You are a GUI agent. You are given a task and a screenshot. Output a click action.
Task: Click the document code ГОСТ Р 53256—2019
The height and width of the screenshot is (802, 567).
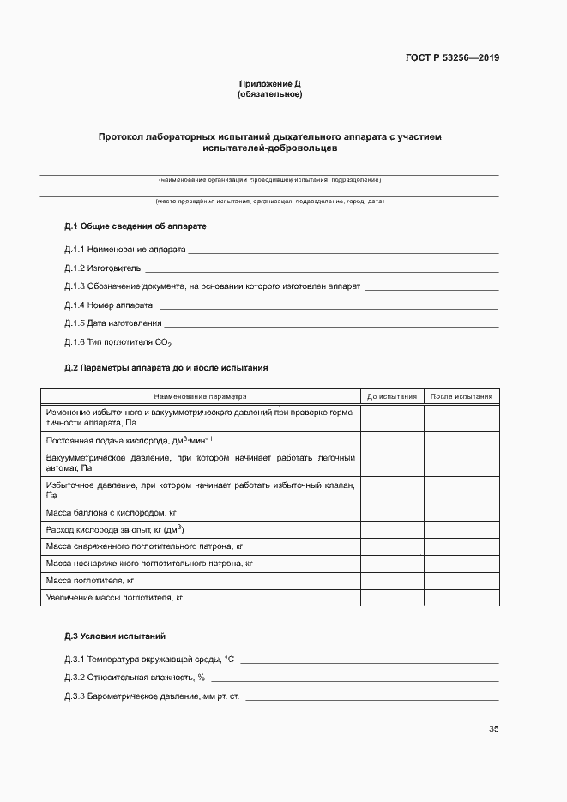pyautogui.click(x=452, y=58)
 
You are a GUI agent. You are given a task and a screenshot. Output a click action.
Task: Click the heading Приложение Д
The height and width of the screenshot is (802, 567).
pyautogui.click(x=269, y=84)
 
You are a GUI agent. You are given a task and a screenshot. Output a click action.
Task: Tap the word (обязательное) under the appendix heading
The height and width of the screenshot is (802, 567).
pyautogui.click(x=269, y=94)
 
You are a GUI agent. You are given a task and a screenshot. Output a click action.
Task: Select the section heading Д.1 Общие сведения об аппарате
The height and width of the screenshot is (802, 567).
pyautogui.click(x=136, y=226)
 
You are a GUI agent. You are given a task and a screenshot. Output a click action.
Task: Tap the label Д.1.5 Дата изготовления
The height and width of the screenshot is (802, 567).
pyautogui.click(x=113, y=323)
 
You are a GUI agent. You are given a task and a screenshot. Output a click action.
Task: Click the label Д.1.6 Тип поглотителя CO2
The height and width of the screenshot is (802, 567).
pyautogui.click(x=118, y=342)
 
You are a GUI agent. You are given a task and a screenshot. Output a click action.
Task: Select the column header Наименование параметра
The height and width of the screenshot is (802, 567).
pyautogui.click(x=200, y=397)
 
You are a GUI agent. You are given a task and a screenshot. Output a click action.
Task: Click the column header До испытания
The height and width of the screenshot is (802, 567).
pyautogui.click(x=392, y=397)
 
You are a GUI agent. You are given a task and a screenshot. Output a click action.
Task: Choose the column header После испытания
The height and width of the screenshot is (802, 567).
pyautogui.click(x=461, y=397)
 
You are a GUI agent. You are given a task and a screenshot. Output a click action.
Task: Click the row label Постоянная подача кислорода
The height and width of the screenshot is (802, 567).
pyautogui.click(x=129, y=440)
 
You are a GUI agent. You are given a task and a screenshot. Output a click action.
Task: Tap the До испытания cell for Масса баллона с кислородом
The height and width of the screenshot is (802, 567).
pyautogui.click(x=392, y=512)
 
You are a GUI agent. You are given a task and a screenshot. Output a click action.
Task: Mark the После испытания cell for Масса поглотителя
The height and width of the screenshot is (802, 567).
pyautogui.click(x=461, y=581)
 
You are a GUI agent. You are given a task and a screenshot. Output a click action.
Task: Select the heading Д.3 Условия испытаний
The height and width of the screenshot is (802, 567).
pyautogui.click(x=115, y=636)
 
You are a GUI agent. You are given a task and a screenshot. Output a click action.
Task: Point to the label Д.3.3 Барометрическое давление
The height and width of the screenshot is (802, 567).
pyautogui.click(x=153, y=696)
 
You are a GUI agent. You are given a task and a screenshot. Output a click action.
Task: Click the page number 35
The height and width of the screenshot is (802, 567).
pyautogui.click(x=493, y=729)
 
